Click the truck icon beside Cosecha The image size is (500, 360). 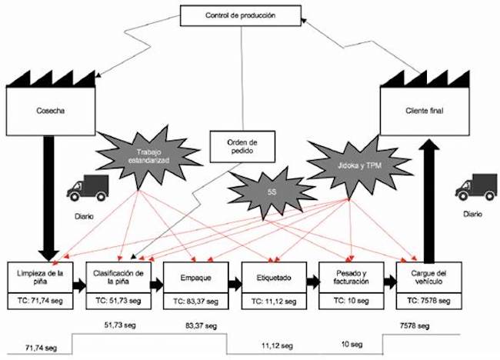coord(87,186)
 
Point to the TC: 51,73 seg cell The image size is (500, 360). coord(115,301)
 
